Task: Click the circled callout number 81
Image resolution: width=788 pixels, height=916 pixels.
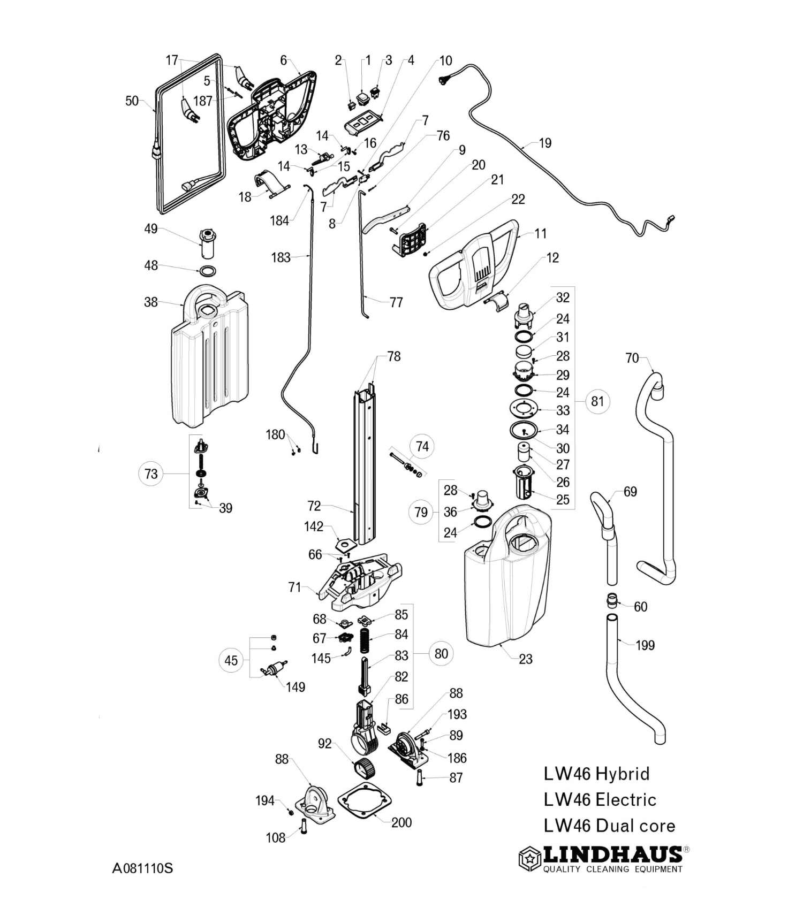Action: click(x=597, y=401)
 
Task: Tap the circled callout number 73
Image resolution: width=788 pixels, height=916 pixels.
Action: click(x=151, y=474)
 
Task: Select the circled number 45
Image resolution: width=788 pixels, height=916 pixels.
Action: click(x=231, y=660)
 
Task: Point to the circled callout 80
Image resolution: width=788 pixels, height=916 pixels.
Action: click(x=441, y=653)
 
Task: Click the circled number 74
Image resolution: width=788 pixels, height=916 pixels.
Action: click(x=422, y=447)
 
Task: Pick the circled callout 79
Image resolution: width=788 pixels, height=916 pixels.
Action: click(x=421, y=512)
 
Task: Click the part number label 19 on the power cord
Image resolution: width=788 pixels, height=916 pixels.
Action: click(x=545, y=143)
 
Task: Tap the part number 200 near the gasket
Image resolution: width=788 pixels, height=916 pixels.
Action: click(x=401, y=822)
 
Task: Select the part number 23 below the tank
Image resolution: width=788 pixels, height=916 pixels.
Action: click(x=526, y=659)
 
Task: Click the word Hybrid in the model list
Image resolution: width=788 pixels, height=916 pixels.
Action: click(x=623, y=774)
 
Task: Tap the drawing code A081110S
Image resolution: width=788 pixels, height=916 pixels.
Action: click(x=142, y=868)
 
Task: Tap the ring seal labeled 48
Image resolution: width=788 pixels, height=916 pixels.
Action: click(x=208, y=270)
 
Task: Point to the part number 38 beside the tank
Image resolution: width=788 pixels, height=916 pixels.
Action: click(x=151, y=302)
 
